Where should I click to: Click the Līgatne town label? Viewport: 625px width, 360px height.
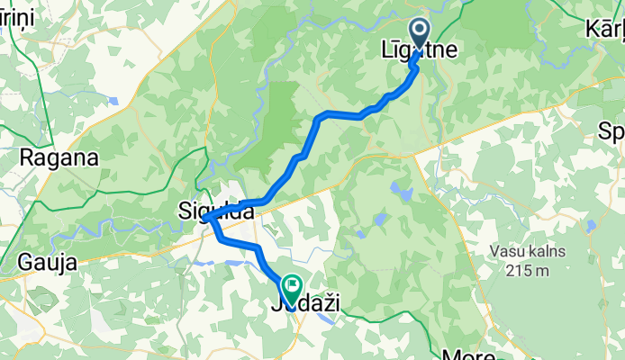(x=419, y=54)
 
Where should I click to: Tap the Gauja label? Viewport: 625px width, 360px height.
(x=46, y=263)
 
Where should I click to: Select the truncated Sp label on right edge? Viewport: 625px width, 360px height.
(x=611, y=132)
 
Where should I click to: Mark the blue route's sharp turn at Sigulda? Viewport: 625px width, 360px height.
(x=206, y=218)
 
